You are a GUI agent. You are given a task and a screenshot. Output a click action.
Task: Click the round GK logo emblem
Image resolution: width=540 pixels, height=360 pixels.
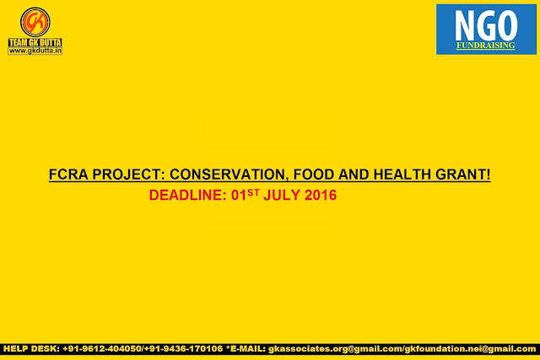(x=35, y=22)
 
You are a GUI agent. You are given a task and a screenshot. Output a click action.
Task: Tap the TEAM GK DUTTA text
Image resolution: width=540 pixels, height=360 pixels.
(x=35, y=42)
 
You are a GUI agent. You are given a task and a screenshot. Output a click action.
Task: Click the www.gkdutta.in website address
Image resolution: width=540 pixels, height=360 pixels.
(x=35, y=51)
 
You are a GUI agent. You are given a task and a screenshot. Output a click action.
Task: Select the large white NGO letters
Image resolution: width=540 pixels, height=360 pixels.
(x=486, y=25)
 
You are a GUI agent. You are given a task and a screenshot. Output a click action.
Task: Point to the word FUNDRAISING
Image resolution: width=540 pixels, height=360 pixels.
(x=486, y=45)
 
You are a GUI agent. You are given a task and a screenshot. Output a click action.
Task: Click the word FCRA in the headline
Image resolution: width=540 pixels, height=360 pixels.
(x=68, y=175)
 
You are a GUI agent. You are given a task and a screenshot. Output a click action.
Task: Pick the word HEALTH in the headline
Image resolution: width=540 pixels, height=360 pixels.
(x=402, y=175)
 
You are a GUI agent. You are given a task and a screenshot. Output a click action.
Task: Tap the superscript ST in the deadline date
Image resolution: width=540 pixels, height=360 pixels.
(x=253, y=192)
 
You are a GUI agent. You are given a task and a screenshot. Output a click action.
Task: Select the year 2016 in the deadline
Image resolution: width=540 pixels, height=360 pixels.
(x=321, y=195)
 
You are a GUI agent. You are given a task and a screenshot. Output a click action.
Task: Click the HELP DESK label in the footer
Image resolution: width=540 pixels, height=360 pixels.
(x=32, y=349)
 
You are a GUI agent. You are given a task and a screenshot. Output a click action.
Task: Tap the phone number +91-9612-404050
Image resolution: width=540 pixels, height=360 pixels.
(x=102, y=349)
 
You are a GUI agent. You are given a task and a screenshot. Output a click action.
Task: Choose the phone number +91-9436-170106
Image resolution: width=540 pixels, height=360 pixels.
(x=184, y=349)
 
